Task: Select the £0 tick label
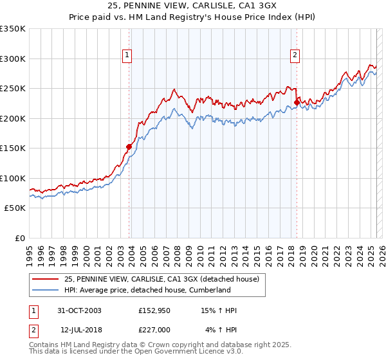coord(20,238)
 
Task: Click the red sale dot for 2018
coord(297,102)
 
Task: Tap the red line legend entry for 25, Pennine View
coord(161,279)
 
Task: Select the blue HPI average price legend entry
coord(147,290)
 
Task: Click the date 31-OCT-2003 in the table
coord(80,310)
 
